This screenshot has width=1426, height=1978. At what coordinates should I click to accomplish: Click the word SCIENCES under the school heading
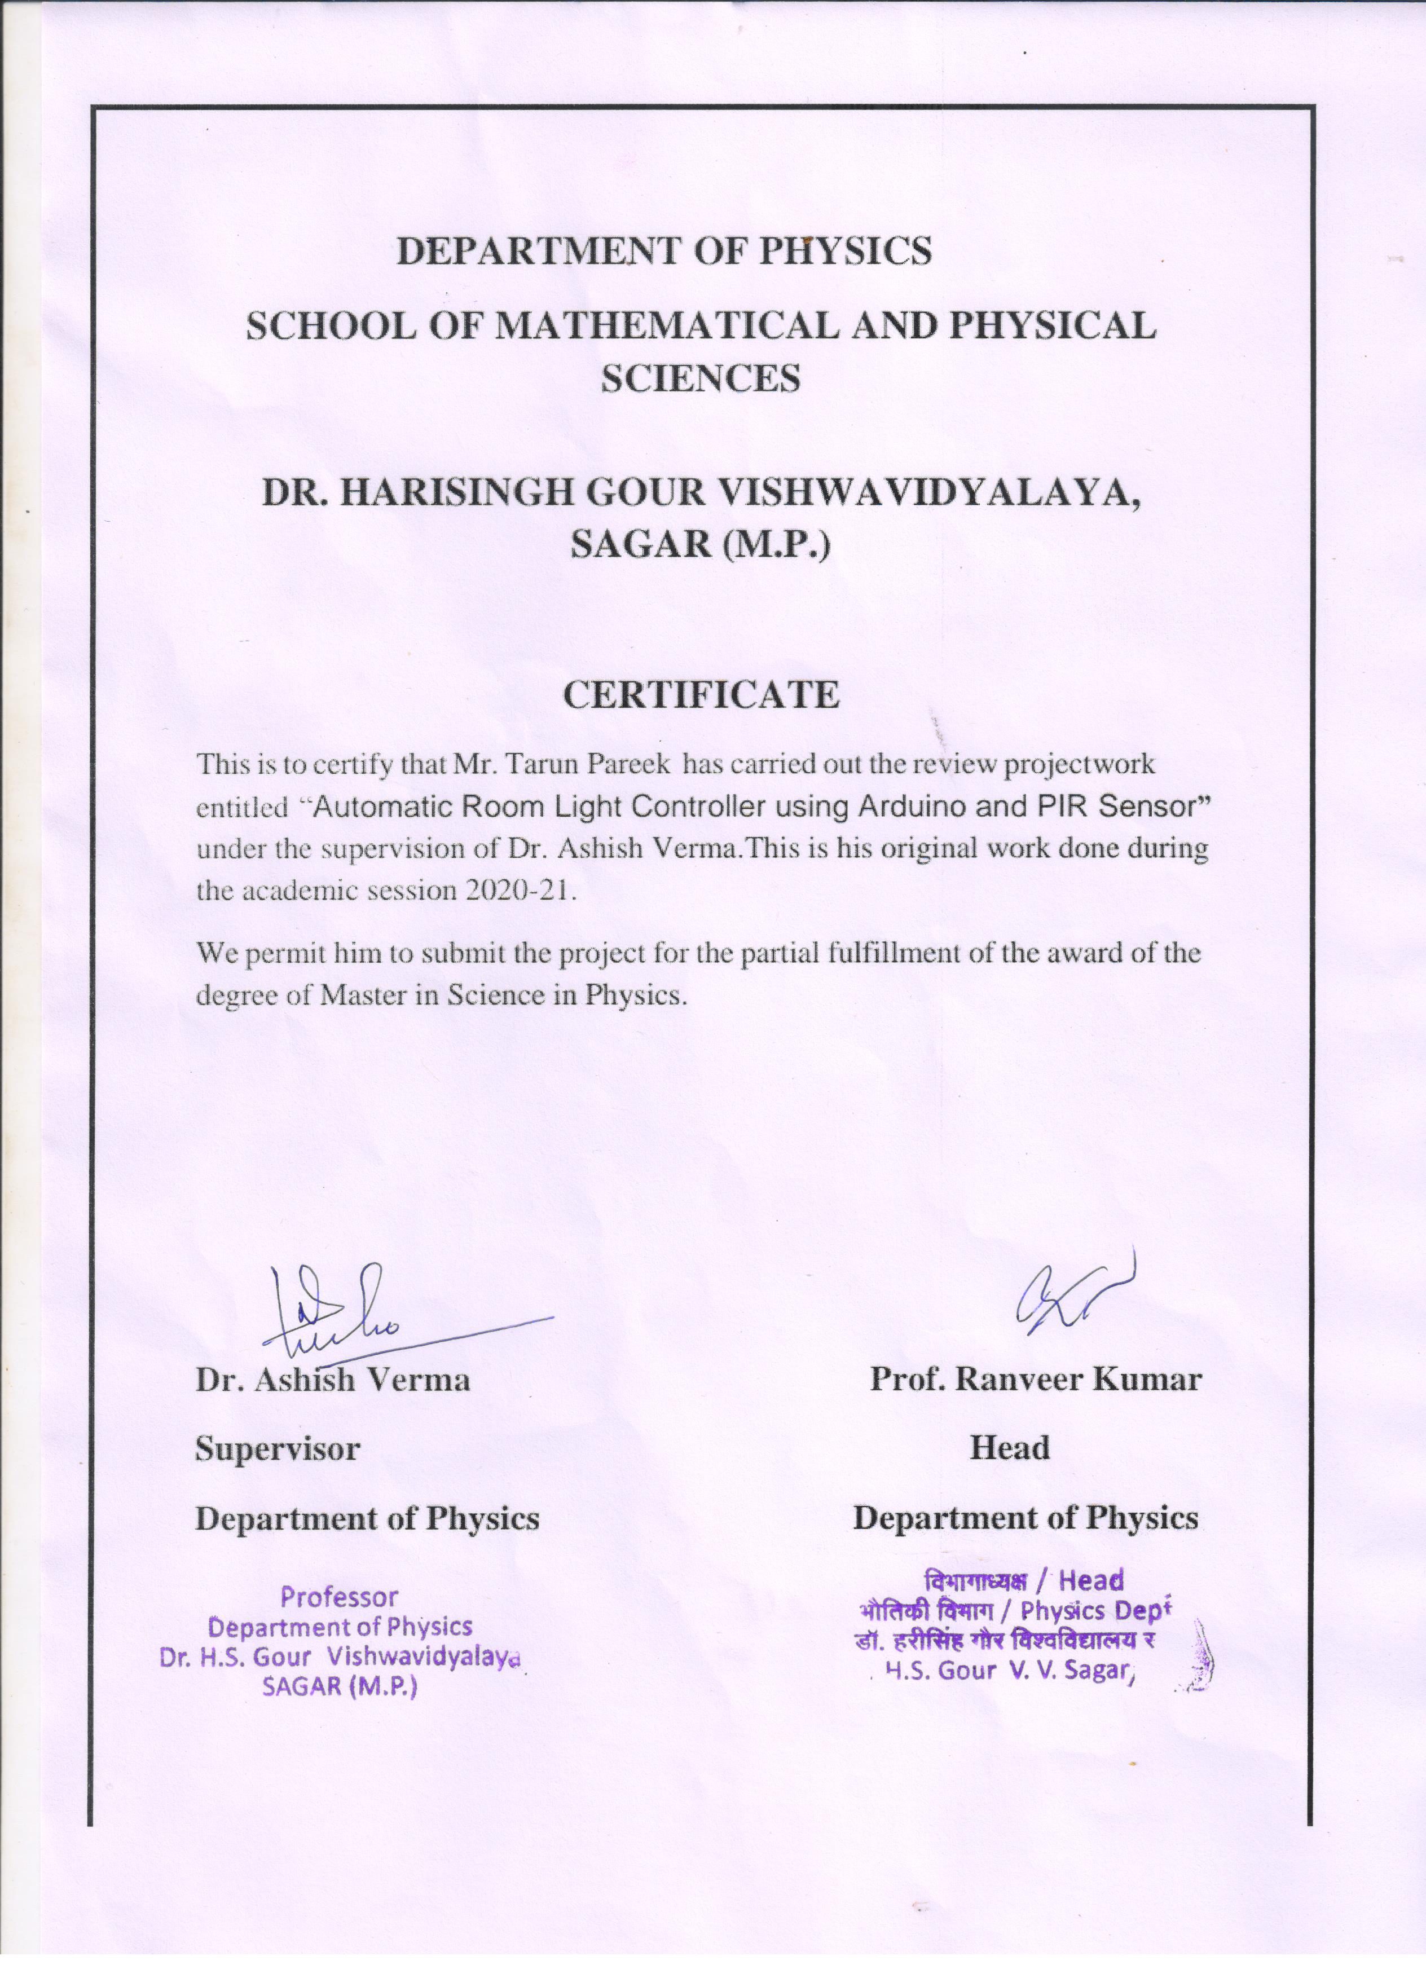point(702,380)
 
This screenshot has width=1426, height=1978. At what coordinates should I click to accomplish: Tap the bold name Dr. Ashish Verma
point(332,1380)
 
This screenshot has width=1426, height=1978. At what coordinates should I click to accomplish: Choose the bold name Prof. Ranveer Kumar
point(1035,1380)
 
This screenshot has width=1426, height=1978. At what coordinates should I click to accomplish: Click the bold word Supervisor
point(278,1448)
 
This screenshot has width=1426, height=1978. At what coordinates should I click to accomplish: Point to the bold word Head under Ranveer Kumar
point(1010,1448)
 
